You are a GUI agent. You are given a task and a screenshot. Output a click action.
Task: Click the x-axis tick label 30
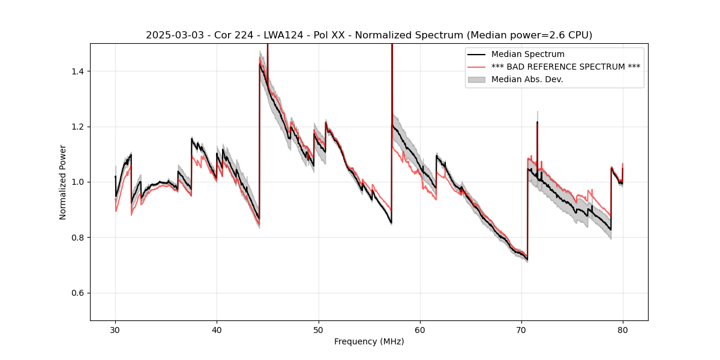115,329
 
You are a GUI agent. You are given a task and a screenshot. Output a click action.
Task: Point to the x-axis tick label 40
217,329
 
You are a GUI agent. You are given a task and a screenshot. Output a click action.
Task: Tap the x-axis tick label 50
319,329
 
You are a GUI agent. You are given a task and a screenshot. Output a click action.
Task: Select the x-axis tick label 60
420,329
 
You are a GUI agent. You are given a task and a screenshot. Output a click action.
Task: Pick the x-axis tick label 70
521,329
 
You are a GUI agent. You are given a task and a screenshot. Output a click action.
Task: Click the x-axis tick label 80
623,329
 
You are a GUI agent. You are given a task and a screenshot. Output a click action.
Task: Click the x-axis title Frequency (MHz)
369,341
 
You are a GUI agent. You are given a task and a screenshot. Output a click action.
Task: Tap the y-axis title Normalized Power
63,182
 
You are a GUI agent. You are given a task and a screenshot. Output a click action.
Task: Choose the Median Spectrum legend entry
527,54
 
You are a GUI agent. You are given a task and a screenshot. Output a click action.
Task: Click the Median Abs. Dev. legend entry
527,79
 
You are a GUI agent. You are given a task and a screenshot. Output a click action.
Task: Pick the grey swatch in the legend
478,79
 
